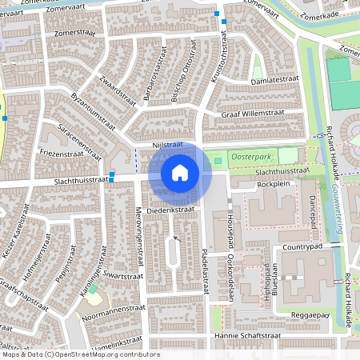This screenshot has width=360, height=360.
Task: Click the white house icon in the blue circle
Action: click(180, 172)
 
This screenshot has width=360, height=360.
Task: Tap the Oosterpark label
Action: click(253, 158)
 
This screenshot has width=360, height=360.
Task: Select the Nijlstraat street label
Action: click(168, 145)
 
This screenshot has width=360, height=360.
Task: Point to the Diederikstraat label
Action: click(172, 210)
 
